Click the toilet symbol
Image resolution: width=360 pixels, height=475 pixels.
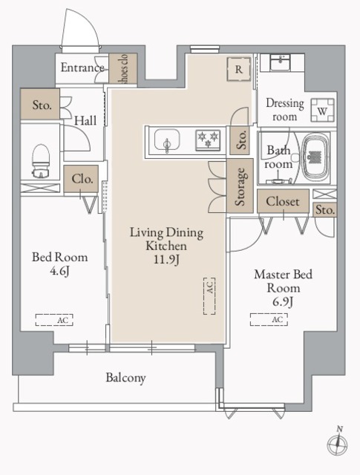click(x=41, y=160)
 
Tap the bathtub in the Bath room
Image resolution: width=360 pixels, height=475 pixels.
click(x=316, y=157)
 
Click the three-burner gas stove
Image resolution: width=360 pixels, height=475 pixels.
click(x=208, y=140)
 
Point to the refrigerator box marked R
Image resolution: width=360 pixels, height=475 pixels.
click(x=239, y=69)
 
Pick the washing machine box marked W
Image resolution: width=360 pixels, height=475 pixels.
click(x=322, y=111)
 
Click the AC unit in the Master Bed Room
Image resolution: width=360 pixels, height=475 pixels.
click(x=269, y=319)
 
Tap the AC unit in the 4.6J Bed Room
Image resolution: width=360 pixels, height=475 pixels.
click(x=54, y=320)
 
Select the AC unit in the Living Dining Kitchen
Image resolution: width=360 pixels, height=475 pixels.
click(x=209, y=296)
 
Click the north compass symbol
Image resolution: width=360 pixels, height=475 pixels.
click(x=337, y=444)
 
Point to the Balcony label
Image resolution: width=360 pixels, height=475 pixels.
click(x=125, y=378)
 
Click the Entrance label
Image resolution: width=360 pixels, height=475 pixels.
click(x=82, y=68)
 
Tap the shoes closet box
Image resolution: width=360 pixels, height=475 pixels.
click(x=123, y=69)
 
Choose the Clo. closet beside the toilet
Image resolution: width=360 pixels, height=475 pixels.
click(x=81, y=179)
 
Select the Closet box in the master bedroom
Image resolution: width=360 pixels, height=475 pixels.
click(x=283, y=201)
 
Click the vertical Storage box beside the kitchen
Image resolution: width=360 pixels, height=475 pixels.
click(x=240, y=186)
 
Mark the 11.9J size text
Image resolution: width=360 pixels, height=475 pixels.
click(x=166, y=260)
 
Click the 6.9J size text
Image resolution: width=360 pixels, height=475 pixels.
click(x=282, y=301)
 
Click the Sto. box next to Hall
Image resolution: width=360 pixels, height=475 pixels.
click(x=40, y=104)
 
